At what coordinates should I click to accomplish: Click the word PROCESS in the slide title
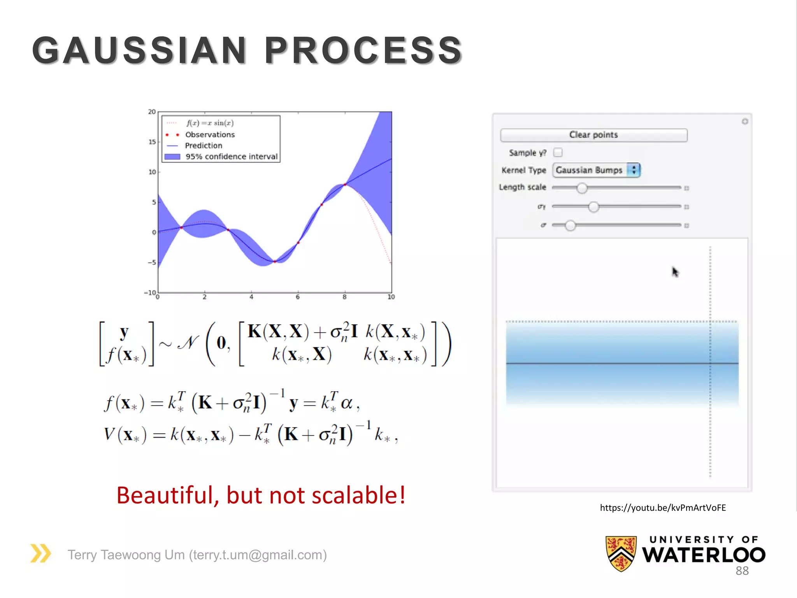[363, 51]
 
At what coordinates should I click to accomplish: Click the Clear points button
[593, 135]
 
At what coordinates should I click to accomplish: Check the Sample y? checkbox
[558, 152]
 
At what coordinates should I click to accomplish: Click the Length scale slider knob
[581, 188]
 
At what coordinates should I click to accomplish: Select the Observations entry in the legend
[210, 135]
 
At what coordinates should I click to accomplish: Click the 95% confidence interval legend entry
[231, 157]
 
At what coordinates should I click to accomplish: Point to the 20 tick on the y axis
[152, 112]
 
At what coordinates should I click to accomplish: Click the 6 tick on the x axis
[298, 297]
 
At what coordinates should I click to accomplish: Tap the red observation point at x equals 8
[345, 184]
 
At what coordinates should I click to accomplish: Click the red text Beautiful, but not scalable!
[261, 495]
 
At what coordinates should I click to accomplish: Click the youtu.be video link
[663, 508]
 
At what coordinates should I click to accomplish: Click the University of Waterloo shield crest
[621, 553]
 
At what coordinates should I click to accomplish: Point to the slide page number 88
[742, 571]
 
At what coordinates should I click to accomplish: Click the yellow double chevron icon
[40, 553]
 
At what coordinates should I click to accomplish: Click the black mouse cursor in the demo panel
[675, 272]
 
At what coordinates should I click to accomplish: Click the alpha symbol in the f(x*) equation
[346, 403]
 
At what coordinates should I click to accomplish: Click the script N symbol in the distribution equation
[188, 343]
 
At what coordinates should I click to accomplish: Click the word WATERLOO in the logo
[703, 555]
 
